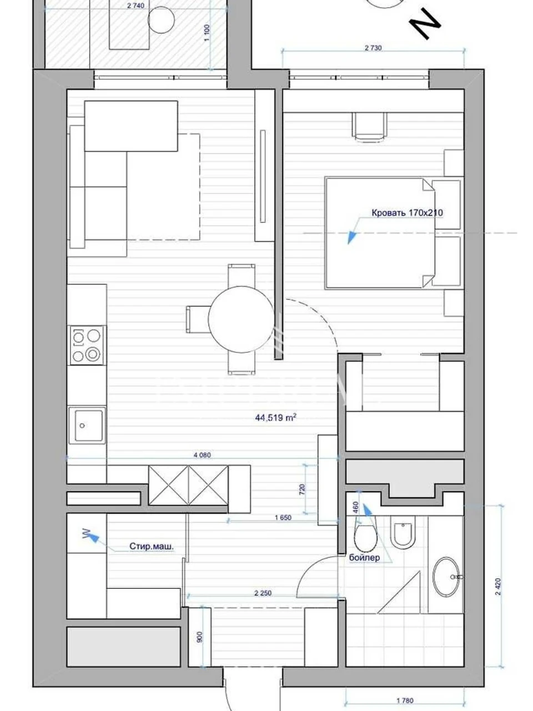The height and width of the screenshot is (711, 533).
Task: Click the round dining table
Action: (x=241, y=319)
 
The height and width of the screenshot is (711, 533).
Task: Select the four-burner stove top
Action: (x=87, y=346)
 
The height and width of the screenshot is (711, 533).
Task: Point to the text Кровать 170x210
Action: (x=407, y=213)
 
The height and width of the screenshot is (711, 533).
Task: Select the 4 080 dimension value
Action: (x=202, y=455)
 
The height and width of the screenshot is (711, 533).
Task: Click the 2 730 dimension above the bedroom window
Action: (x=373, y=48)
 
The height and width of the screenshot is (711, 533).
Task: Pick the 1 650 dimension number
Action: (x=283, y=518)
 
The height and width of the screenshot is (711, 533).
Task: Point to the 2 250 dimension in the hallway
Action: (x=263, y=593)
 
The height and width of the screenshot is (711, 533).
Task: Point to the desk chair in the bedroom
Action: (x=370, y=127)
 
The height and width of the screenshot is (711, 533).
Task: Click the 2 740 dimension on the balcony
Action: (x=135, y=6)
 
